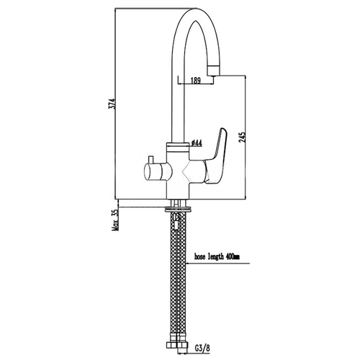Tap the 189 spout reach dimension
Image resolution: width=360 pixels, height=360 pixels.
(196, 81)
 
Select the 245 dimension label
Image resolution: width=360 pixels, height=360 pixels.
(242, 138)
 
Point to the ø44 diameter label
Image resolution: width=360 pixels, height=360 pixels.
(197, 143)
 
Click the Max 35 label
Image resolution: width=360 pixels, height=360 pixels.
(115, 220)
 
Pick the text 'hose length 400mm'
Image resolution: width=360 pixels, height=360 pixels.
(217, 257)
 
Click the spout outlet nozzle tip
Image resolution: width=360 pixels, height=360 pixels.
(213, 71)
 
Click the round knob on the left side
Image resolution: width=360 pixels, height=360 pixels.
(158, 171)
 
